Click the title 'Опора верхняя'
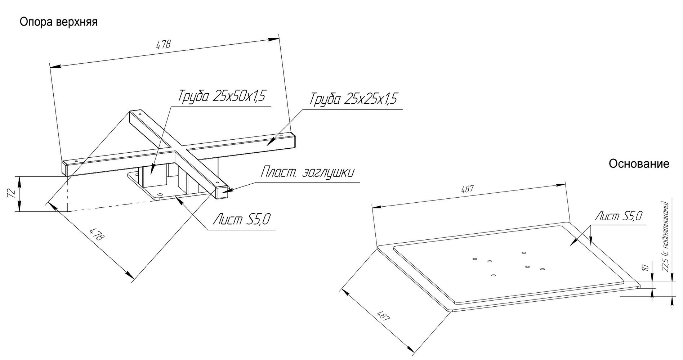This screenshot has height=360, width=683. click(59, 22)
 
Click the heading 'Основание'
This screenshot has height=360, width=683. click(639, 164)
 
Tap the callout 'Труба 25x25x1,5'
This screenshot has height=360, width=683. click(353, 99)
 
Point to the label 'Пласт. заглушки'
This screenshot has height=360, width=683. click(307, 172)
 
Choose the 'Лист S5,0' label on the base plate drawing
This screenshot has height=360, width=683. click(619, 216)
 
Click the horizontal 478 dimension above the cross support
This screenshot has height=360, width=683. click(163, 45)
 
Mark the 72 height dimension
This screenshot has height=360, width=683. click(11, 194)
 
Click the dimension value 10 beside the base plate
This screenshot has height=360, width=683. click(645, 267)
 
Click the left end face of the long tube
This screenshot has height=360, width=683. click(64, 168)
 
